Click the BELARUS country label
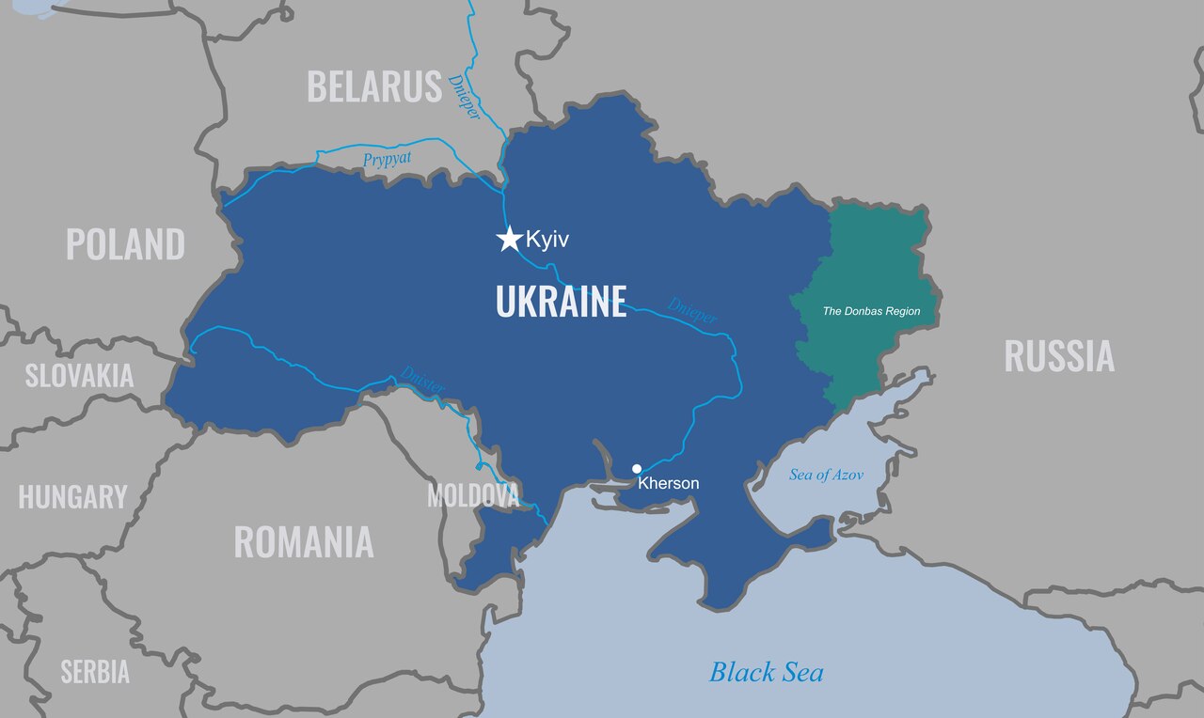pos(374,86)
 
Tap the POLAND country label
pos(125,244)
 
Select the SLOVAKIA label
pos(79,376)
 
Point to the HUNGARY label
pos(72,497)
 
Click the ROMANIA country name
pos(303,542)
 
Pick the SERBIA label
pos(95,672)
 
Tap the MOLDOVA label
pos(472,495)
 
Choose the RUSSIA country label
pos(1059,356)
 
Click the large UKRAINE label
pos(561,303)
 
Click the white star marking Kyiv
pos(509,239)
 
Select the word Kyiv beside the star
pos(547,240)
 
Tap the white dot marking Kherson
pos(637,468)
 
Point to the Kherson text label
pos(669,484)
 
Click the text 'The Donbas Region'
pos(871,311)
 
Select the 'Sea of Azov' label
pos(826,475)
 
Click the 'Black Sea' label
pos(766,672)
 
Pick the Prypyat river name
pos(388,160)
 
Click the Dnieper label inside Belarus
pos(465,97)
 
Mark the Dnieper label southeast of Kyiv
pos(692,311)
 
